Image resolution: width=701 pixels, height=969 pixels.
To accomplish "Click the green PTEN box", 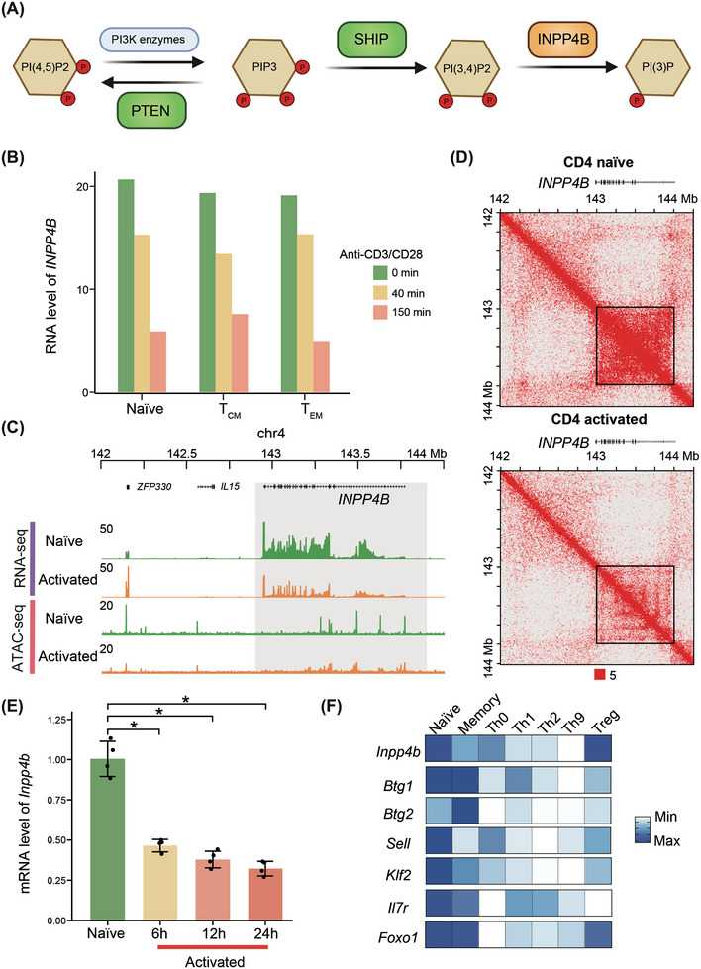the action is click(150, 110).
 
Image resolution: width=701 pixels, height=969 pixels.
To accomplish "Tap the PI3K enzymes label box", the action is click(150, 40).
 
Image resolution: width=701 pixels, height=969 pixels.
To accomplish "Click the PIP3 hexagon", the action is click(264, 67).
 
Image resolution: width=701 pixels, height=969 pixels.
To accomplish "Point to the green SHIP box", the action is click(371, 40).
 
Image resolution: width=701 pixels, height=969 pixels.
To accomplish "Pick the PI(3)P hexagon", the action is click(657, 67).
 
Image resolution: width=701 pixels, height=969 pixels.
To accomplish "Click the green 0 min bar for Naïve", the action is click(126, 285).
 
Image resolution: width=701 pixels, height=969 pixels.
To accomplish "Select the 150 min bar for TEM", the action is click(321, 367).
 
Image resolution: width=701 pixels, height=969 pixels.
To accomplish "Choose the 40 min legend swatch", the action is click(379, 293).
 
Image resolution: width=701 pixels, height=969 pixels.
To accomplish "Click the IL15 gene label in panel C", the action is click(230, 487).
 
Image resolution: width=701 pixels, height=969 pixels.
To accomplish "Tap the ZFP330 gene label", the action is click(154, 487).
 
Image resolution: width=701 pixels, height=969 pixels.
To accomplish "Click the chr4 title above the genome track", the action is click(270, 434).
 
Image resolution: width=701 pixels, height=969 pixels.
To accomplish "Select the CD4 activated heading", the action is click(598, 419).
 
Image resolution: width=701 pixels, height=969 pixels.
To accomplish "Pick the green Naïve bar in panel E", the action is click(108, 839).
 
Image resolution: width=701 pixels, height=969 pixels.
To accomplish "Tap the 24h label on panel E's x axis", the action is click(265, 933).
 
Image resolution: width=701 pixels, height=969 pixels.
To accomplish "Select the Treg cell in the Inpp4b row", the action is click(597, 751).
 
